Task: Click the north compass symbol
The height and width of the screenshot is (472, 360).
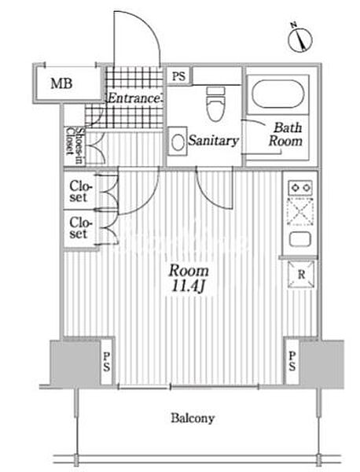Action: coord(299,39)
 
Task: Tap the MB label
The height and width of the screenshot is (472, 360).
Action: coord(61,83)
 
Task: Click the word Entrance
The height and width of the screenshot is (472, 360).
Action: coord(134,98)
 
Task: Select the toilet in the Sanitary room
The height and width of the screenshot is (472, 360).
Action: coord(215,104)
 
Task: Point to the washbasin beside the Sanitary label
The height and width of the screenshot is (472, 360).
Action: coord(178,141)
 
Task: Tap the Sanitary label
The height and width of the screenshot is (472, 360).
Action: coord(214,141)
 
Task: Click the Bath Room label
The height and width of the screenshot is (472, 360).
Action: coord(285,135)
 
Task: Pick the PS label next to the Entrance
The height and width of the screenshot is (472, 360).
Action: coord(179,76)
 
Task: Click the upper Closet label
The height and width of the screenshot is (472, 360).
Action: coord(80,191)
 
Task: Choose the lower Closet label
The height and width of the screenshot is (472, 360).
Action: coord(80,228)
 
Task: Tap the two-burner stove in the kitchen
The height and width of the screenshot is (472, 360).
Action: coord(300,188)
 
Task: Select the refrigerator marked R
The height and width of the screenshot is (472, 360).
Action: coord(301,275)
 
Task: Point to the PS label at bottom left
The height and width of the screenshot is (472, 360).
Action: coord(107,362)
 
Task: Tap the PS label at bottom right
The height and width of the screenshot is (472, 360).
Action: coord(292,361)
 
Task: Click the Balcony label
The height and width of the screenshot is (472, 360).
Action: coord(193,419)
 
